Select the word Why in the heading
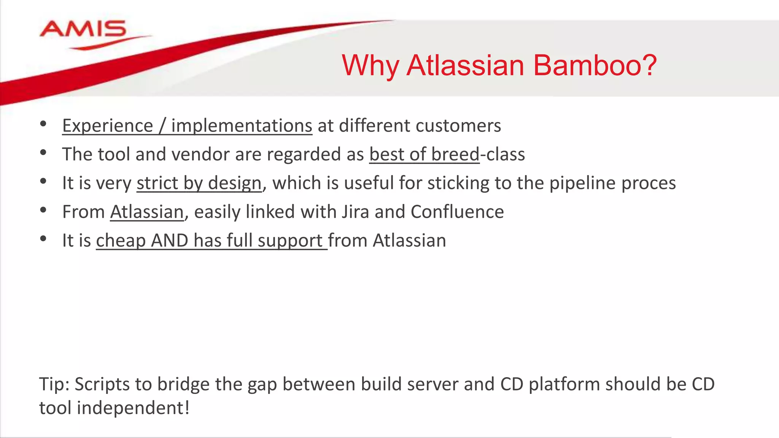pos(370,65)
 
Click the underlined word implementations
pos(242,126)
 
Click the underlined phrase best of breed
pos(424,155)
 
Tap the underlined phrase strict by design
pos(199,183)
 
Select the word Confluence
pos(457,212)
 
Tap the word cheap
pos(121,241)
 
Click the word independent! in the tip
pos(133,408)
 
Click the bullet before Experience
pos(43,124)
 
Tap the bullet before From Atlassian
pos(43,210)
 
